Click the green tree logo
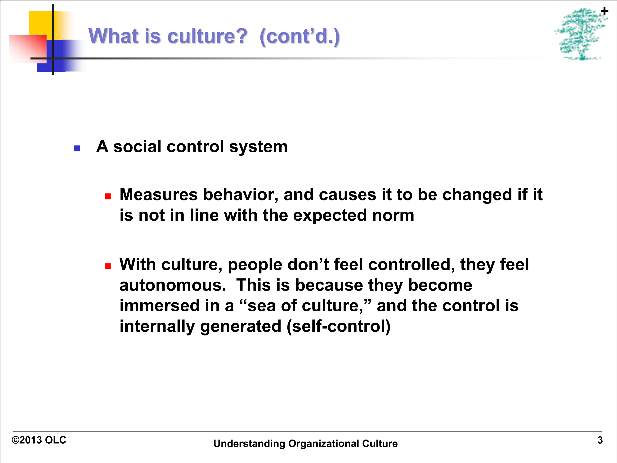[x=580, y=34]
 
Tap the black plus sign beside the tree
[x=604, y=11]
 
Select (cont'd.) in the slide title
[x=300, y=36]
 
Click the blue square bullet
[x=77, y=148]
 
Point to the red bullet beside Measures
[x=108, y=196]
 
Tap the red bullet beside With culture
[x=108, y=266]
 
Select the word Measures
[x=159, y=195]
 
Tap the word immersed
[x=160, y=306]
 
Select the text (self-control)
[x=339, y=327]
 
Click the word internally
[x=157, y=327]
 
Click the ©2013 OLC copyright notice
[x=39, y=440]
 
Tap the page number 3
[x=600, y=440]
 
